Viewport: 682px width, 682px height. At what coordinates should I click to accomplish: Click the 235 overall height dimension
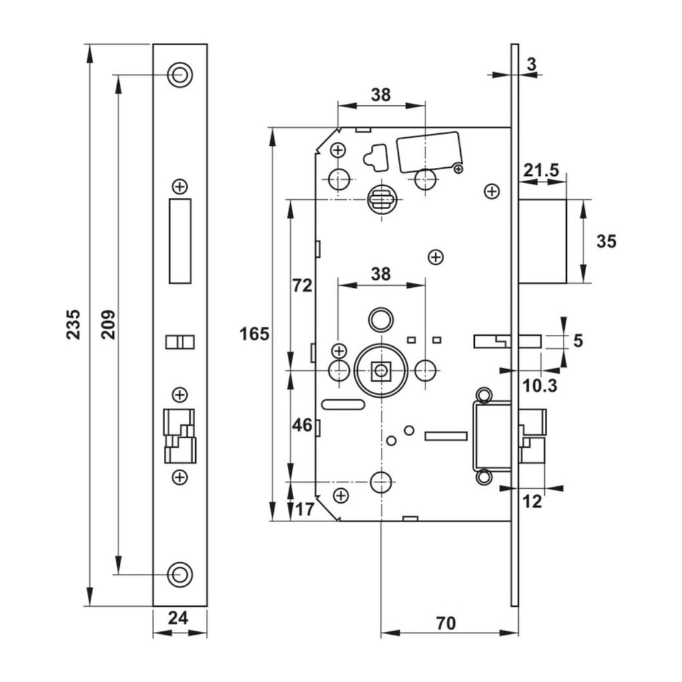(73, 324)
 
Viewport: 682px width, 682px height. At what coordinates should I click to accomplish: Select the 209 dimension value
(108, 324)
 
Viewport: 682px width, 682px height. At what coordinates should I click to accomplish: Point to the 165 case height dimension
(255, 333)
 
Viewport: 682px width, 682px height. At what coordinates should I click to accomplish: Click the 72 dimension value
(302, 286)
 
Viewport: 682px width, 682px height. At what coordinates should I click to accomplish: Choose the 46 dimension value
(302, 424)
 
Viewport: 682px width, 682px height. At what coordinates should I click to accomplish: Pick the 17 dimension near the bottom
(304, 510)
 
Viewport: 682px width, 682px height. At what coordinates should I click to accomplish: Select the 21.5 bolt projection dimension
(540, 171)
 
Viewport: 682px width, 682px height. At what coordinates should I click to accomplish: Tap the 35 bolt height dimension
(606, 240)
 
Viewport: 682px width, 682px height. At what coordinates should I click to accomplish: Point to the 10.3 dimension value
(540, 385)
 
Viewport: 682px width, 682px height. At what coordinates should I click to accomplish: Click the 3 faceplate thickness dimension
(531, 64)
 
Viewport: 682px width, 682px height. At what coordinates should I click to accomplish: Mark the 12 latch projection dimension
(533, 502)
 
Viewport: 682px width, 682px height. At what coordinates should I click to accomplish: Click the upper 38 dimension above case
(380, 95)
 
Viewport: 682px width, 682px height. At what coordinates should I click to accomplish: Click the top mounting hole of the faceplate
(179, 75)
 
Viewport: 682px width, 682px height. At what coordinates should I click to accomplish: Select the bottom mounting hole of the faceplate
(179, 574)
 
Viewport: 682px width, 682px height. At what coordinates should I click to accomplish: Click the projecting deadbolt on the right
(543, 240)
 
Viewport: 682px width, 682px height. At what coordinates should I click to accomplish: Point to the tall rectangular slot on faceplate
(180, 240)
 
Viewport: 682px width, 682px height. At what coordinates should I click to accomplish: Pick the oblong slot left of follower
(342, 404)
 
